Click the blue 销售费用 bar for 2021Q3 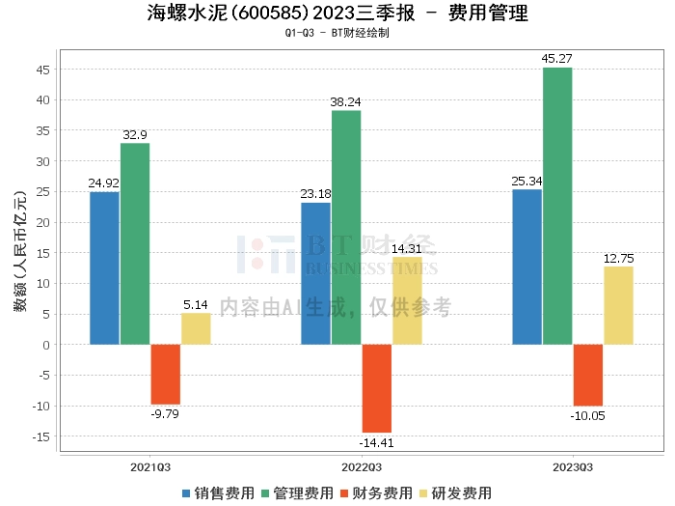coord(104,267)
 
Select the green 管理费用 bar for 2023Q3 coord(556,206)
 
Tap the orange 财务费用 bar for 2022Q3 coord(376,388)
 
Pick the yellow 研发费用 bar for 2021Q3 coord(196,328)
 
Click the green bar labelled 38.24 coord(345,227)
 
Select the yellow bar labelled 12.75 coord(618,305)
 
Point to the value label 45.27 coord(556,59)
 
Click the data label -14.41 coord(376,442)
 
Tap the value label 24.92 coord(104,183)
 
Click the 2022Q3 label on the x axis coord(362,466)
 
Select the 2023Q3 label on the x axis coord(573,466)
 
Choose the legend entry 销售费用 coord(217,492)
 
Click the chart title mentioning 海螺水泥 coord(337,14)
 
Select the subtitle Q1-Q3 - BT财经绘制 coord(337,33)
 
